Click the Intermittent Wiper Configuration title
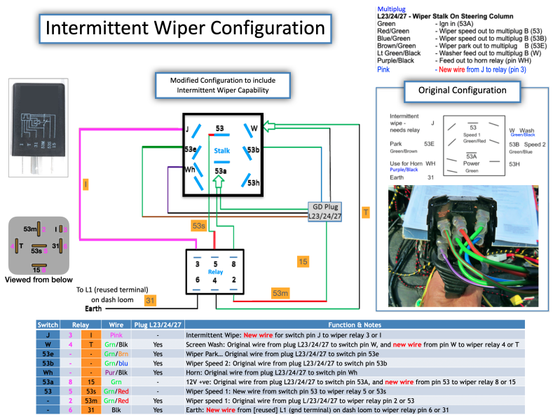coord(180,28)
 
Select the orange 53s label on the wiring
coord(198,225)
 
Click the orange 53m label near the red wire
coord(280,292)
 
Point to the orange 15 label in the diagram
coord(303,262)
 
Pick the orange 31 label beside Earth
coord(149,302)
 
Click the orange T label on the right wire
coord(365,211)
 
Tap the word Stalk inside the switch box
coord(221,151)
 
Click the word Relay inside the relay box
coord(214,271)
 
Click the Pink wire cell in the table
coord(116,335)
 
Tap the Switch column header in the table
coord(48,325)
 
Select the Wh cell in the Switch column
coord(48,373)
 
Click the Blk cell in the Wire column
coord(116,410)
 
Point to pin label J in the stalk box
coord(187,128)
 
